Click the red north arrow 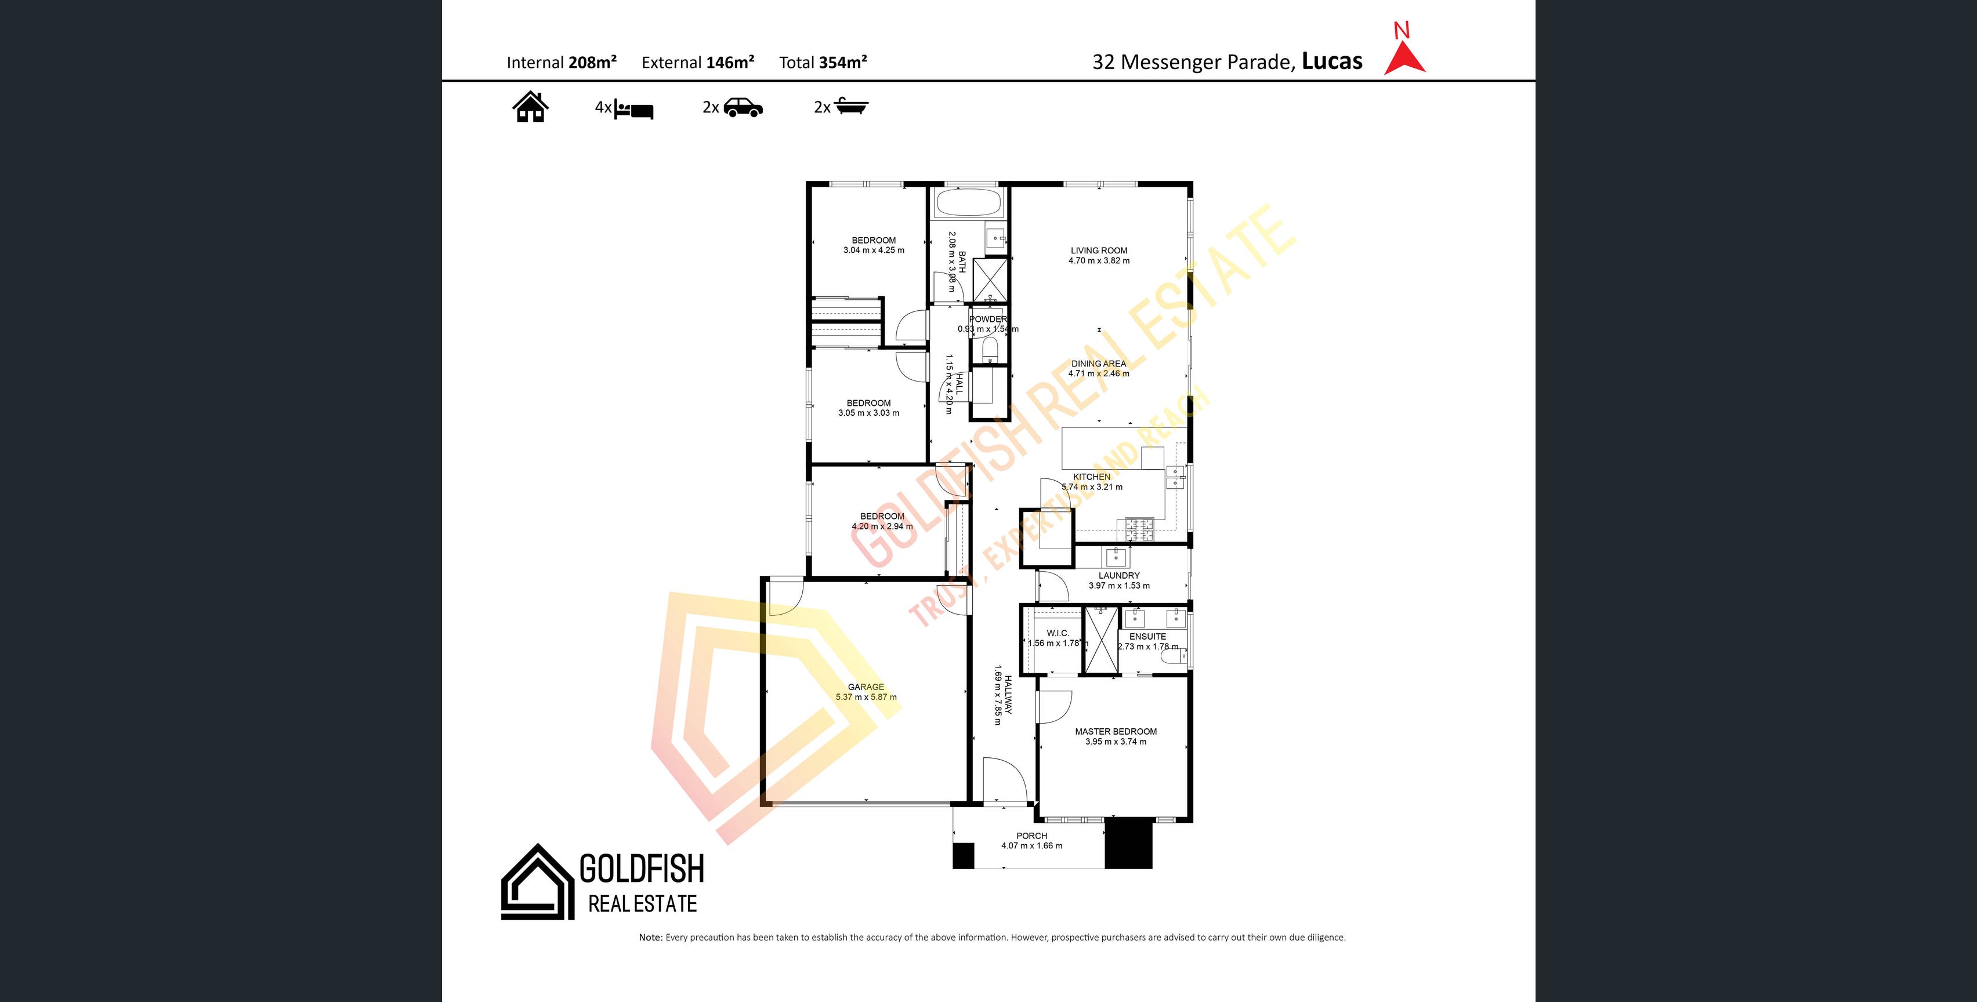1404,59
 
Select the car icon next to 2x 743,107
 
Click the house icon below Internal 530,107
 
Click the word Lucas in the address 1333,61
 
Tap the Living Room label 1099,250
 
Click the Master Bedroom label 1116,732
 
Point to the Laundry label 1119,575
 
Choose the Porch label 1031,836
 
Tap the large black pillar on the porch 1128,843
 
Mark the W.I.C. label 1058,633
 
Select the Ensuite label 1147,636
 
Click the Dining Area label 1099,364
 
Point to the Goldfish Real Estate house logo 538,883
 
